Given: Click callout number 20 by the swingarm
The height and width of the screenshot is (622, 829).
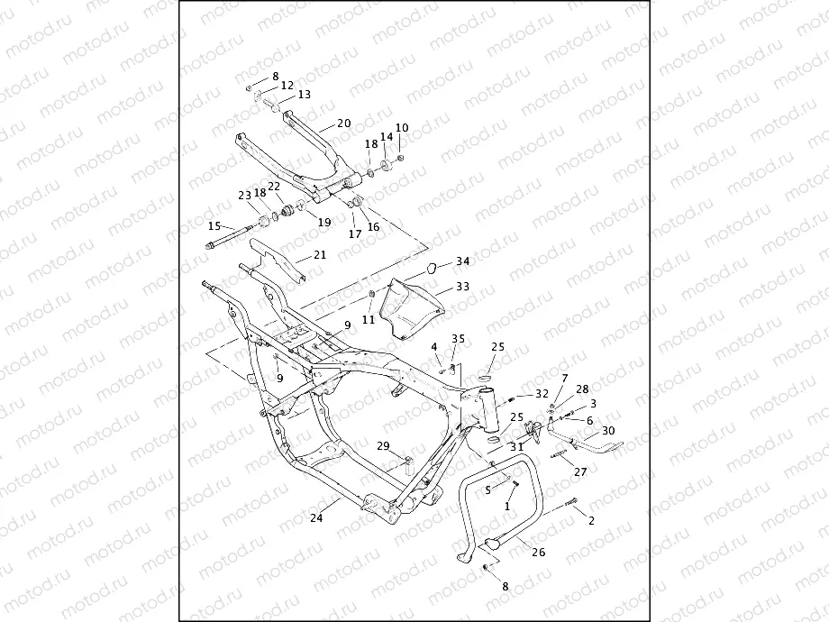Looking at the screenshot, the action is pos(343,123).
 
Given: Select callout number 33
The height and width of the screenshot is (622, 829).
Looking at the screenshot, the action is pos(462,287).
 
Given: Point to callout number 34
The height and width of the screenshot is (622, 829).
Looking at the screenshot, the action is pos(462,261).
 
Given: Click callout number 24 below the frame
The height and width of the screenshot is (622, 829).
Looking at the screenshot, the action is pos(316,518).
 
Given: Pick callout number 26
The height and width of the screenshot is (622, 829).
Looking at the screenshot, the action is pos(539,552).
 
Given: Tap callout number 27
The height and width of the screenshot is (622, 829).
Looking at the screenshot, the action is pos(580,472).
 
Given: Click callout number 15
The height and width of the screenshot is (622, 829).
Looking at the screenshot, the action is pos(214,226).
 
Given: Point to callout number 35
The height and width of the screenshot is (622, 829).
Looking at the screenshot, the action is pos(458,339).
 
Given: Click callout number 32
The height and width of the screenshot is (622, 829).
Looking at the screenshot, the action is pos(542,394).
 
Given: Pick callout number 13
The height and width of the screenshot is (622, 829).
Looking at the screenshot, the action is pos(304,95).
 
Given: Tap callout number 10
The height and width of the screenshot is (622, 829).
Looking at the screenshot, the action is pos(402,128).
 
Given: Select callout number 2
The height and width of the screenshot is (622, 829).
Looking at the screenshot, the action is pos(591,521).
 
